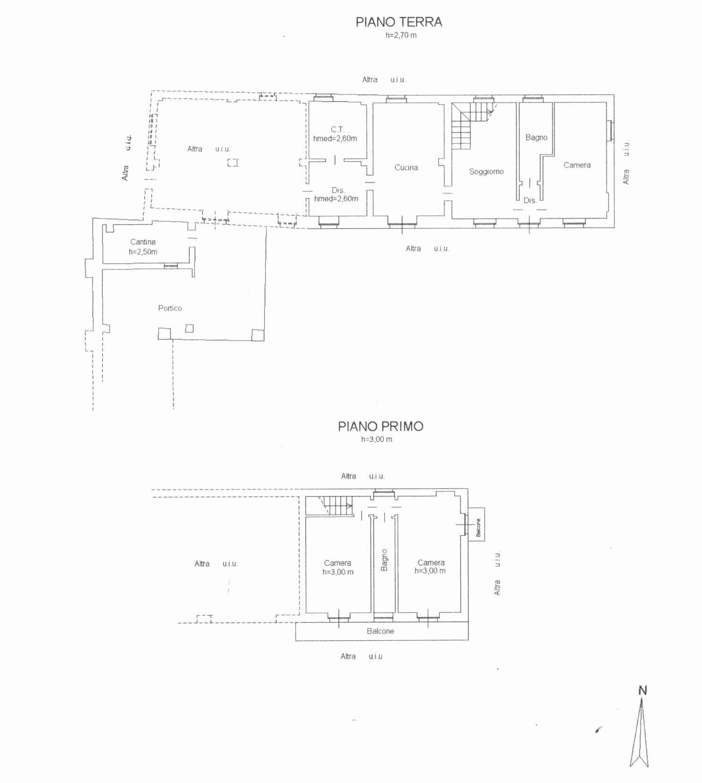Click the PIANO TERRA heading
pos(399,22)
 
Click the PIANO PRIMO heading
pos(381,426)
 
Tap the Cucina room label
pos(406,167)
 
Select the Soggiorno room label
pos(486,171)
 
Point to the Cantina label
pos(143,242)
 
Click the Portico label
pos(170,308)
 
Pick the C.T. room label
pos(338,129)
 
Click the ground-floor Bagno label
pos(536,138)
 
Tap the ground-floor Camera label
pos(577,165)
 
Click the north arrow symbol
pos(639,732)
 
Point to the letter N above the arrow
pos(642,690)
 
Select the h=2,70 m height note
pos(401,35)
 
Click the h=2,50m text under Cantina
pos(143,252)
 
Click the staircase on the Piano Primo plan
pos(335,505)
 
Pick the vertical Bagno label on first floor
pos(384,560)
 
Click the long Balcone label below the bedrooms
pos(380,631)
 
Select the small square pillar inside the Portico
pos(189,328)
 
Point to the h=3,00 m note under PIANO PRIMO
pos(376,439)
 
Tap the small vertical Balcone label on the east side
pos(478,528)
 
